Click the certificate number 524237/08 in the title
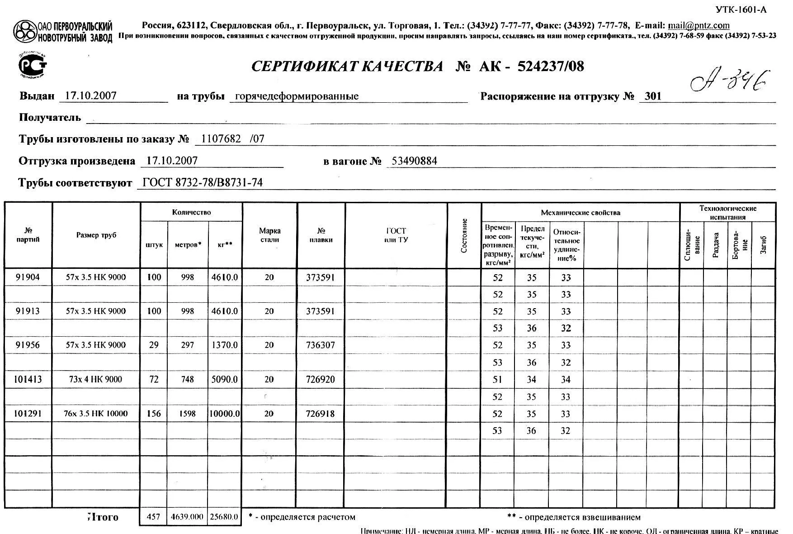(x=550, y=67)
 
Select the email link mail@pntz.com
(x=699, y=25)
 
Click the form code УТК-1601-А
(x=741, y=10)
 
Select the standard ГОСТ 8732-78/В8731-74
(x=202, y=183)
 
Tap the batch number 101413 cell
(x=28, y=379)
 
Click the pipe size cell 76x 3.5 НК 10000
(x=96, y=414)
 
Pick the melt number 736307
(x=320, y=345)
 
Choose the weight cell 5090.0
(x=224, y=379)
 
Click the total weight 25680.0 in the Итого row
(x=223, y=517)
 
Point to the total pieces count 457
(x=154, y=517)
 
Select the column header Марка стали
(x=269, y=235)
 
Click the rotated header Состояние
(x=464, y=235)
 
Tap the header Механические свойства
(x=580, y=212)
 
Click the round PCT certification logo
(x=32, y=67)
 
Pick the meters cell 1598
(x=187, y=414)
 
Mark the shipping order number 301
(x=653, y=96)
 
